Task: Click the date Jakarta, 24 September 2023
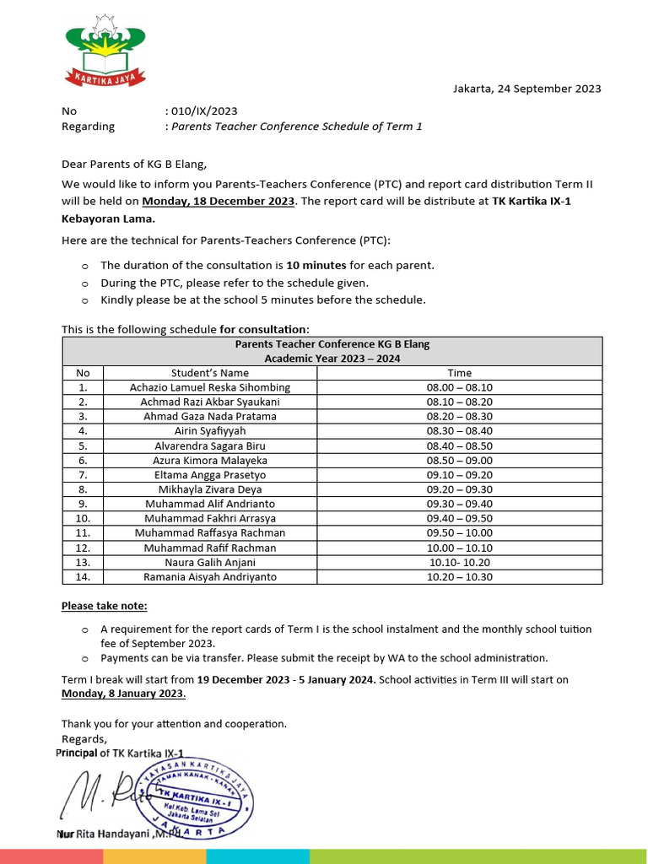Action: pos(526,89)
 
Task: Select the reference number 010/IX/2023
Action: pos(203,111)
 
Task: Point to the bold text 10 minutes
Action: pos(316,265)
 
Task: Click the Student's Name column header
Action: pos(210,372)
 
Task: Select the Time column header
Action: pos(460,372)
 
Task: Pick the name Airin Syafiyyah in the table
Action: pos(210,430)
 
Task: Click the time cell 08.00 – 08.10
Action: pos(460,387)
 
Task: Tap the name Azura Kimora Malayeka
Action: pos(210,460)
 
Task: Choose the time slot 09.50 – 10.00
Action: pos(460,532)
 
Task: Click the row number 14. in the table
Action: pos(83,577)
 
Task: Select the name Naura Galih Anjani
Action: pos(210,562)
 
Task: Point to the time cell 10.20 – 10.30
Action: pos(460,577)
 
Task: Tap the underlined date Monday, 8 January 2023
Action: pos(123,694)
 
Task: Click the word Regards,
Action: pos(84,739)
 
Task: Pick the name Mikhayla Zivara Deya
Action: pos(210,489)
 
